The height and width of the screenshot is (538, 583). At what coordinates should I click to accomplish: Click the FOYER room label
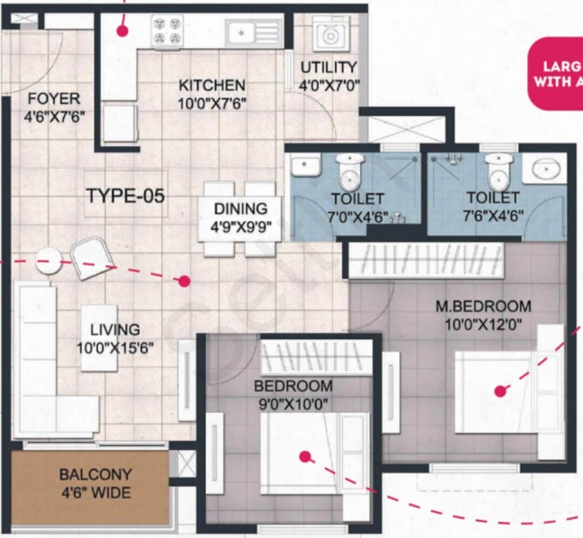[x=54, y=99]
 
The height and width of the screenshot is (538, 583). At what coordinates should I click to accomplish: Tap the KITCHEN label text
[x=212, y=85]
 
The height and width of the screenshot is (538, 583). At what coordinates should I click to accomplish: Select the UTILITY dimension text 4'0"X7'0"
[x=329, y=85]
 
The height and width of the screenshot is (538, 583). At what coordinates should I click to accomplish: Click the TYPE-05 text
[x=125, y=196]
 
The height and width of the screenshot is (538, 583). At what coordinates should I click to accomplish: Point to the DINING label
[x=241, y=209]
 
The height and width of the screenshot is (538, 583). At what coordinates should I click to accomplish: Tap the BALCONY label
[x=96, y=475]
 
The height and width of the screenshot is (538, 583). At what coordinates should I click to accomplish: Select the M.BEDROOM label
[x=483, y=306]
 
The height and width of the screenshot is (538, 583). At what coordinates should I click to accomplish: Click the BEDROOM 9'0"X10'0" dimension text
[x=291, y=403]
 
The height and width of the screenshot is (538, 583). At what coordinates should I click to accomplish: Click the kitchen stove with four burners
[x=167, y=31]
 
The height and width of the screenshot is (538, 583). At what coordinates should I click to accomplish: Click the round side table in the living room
[x=49, y=261]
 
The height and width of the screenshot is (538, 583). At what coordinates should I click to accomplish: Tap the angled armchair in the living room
[x=91, y=258]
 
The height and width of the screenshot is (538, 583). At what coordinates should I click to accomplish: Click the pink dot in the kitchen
[x=123, y=31]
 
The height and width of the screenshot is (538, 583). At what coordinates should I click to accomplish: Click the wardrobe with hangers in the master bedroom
[x=426, y=260]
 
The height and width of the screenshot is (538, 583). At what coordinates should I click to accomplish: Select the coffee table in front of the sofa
[x=99, y=338]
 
